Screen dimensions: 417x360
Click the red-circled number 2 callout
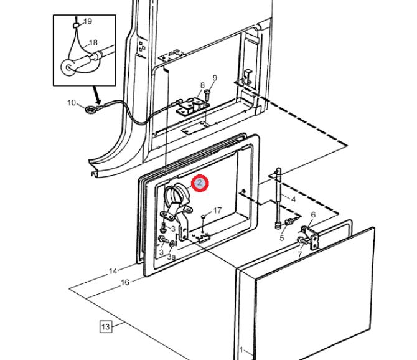point(200,183)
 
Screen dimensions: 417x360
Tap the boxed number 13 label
point(106,326)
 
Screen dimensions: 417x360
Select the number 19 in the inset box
point(88,21)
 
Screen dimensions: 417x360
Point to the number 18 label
point(93,42)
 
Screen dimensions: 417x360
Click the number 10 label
point(72,102)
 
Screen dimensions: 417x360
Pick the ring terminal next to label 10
point(90,109)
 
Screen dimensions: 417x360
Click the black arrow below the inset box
point(96,95)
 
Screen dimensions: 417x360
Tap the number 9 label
point(215,78)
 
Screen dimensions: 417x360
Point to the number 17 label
point(217,211)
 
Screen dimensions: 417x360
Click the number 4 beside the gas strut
point(293,199)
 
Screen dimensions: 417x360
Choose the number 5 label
point(282,237)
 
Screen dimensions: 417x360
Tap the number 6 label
point(313,214)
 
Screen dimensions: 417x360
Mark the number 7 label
point(300,254)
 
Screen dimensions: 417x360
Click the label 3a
point(171,257)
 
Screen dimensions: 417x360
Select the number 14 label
point(113,271)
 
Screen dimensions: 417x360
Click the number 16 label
point(125,282)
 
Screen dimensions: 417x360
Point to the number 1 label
point(241,349)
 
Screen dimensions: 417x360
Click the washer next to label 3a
point(173,244)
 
